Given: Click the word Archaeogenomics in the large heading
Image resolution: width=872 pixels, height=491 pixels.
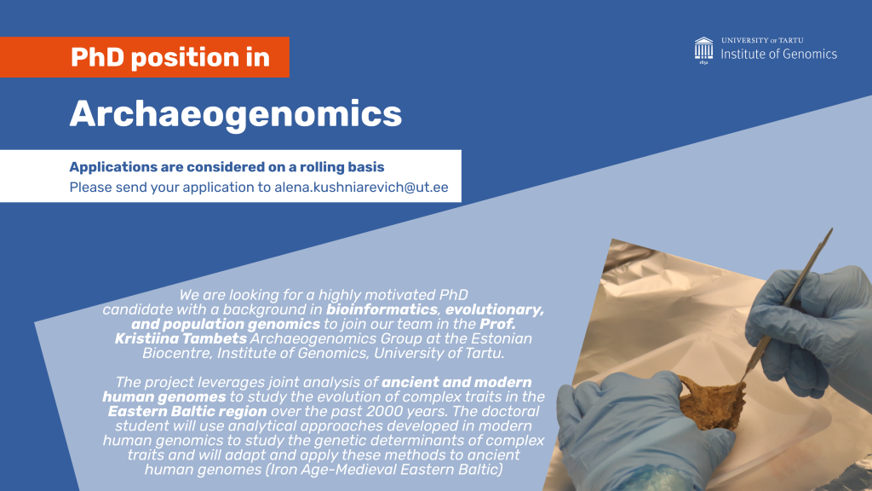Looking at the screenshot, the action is click(x=235, y=115).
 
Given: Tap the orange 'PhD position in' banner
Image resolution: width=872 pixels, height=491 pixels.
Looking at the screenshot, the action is click(x=145, y=57).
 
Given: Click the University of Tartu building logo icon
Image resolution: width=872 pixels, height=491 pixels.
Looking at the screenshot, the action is click(x=703, y=50).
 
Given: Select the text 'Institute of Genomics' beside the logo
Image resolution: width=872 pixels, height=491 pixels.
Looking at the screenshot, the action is click(x=778, y=54).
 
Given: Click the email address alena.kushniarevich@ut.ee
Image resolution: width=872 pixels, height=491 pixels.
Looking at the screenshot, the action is click(x=361, y=187).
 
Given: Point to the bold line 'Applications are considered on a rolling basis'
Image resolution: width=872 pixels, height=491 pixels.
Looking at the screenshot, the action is click(x=227, y=167).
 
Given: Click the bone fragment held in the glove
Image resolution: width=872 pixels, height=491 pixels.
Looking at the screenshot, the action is click(x=712, y=401).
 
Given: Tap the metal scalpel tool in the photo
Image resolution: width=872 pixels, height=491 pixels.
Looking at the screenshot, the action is click(x=789, y=301).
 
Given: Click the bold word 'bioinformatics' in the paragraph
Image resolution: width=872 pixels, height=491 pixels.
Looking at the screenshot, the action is click(x=382, y=309).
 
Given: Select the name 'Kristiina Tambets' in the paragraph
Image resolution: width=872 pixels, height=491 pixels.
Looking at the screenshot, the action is click(x=181, y=338).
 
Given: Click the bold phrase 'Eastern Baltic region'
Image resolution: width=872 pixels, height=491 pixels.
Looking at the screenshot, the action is click(x=187, y=412).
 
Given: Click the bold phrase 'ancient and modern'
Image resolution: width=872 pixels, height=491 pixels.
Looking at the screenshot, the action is click(x=456, y=383).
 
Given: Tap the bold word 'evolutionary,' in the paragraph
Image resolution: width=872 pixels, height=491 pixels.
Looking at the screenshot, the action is click(x=495, y=309).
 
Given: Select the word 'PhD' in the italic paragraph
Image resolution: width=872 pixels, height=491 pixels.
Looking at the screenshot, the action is click(x=454, y=295).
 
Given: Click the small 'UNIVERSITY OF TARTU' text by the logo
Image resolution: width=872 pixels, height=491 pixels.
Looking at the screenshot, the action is click(x=762, y=40).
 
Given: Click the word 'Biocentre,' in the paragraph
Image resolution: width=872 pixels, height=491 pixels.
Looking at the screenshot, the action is click(x=177, y=353).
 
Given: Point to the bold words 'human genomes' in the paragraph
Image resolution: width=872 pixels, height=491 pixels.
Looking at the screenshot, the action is click(x=164, y=397).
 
